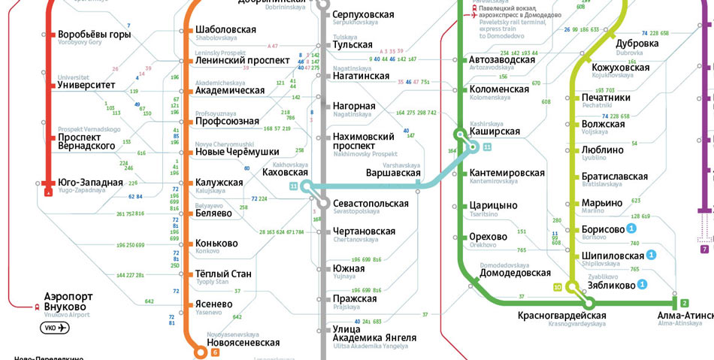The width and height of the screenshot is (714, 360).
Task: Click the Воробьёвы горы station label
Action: point(94,35)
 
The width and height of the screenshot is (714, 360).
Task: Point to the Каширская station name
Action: point(495,132)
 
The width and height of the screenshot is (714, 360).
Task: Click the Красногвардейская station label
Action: point(561,314)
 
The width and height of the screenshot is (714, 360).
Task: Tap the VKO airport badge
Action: point(55,328)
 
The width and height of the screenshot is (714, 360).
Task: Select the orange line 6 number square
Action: point(215,352)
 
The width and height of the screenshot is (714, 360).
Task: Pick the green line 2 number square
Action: point(684,303)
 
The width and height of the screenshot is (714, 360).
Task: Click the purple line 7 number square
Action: point(704,249)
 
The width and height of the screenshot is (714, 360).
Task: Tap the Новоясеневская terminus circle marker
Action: point(201,352)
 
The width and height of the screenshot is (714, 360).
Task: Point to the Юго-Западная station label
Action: point(89,183)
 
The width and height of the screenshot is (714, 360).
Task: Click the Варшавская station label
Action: point(392,173)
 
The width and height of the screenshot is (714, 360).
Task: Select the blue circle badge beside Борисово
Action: point(632,228)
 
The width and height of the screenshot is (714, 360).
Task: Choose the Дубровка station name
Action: point(637,44)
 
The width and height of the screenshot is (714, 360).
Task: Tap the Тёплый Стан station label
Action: point(223,274)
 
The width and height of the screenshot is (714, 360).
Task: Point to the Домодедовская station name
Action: point(515,273)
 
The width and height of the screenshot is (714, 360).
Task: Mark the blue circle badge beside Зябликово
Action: point(642,284)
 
